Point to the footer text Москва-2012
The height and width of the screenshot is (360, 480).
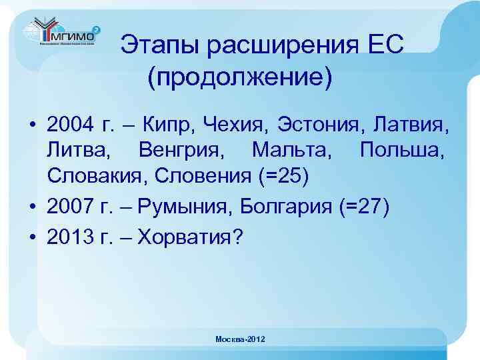240,339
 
